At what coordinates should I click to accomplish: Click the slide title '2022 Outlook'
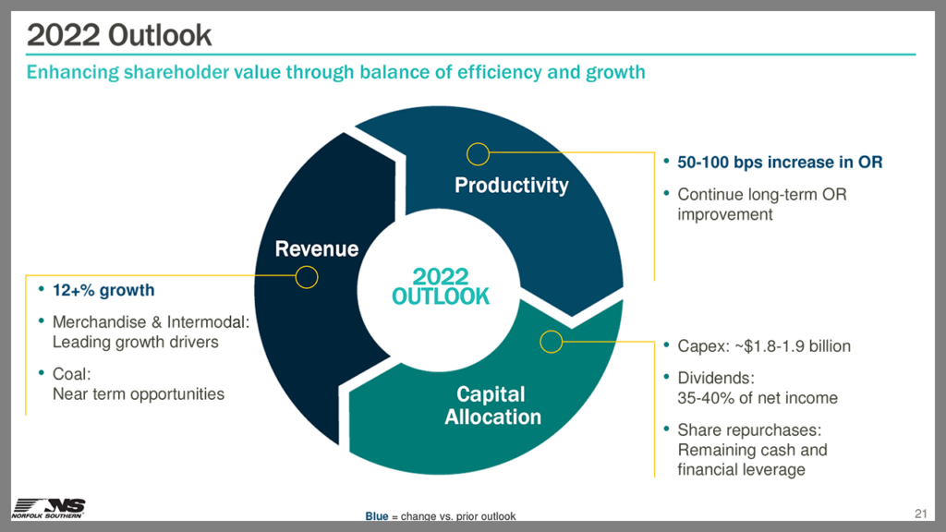click(119, 35)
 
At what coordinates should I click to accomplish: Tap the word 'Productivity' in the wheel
click(512, 185)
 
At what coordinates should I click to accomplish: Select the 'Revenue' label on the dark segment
click(317, 248)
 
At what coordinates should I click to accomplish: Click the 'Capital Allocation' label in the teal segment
click(492, 405)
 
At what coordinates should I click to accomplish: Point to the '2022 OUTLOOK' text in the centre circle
click(441, 286)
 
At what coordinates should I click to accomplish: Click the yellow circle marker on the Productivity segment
click(478, 154)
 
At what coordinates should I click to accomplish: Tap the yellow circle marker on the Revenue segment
click(307, 277)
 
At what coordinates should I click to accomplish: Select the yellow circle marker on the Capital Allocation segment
click(551, 342)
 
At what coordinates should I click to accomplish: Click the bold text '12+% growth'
click(103, 290)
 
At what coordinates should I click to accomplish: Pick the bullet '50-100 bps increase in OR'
click(780, 163)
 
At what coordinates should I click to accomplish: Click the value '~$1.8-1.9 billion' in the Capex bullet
click(793, 346)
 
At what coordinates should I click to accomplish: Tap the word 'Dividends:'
click(716, 378)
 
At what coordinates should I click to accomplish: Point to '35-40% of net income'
click(758, 398)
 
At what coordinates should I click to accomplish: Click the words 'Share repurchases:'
click(749, 430)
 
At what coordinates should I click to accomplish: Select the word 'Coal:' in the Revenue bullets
click(72, 374)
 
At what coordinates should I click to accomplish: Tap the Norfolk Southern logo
click(48, 508)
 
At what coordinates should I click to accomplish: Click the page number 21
click(921, 514)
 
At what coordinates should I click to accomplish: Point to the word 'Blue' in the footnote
click(377, 516)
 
